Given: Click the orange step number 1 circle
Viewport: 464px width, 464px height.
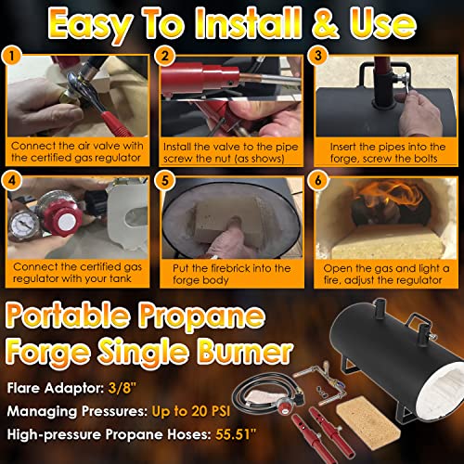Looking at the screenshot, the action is click(x=11, y=57).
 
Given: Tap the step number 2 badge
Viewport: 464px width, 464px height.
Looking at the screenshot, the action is click(x=165, y=56).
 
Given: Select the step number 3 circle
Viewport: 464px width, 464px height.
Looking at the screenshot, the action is click(x=318, y=56).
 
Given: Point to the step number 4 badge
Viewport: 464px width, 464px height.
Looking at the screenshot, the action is click(x=11, y=180).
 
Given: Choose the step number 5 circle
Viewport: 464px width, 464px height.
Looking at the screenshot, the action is click(x=165, y=180).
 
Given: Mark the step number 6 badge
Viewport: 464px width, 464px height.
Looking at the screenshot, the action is click(x=317, y=180).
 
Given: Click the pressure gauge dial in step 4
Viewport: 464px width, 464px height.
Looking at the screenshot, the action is click(x=22, y=224).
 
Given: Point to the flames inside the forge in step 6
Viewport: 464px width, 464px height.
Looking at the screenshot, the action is click(x=391, y=197).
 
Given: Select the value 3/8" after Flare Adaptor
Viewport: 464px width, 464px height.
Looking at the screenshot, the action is click(x=122, y=388).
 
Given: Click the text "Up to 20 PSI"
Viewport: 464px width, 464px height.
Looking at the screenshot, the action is click(x=191, y=411).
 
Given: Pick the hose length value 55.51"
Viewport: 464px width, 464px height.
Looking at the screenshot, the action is click(x=236, y=434).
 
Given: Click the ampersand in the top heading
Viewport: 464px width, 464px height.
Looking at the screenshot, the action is click(x=326, y=24).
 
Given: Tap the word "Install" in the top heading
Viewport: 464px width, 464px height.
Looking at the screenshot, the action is click(x=249, y=23).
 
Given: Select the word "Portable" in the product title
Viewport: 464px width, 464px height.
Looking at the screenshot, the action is click(x=68, y=316).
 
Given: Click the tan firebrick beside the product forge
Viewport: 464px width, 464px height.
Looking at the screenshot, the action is click(x=368, y=420).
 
